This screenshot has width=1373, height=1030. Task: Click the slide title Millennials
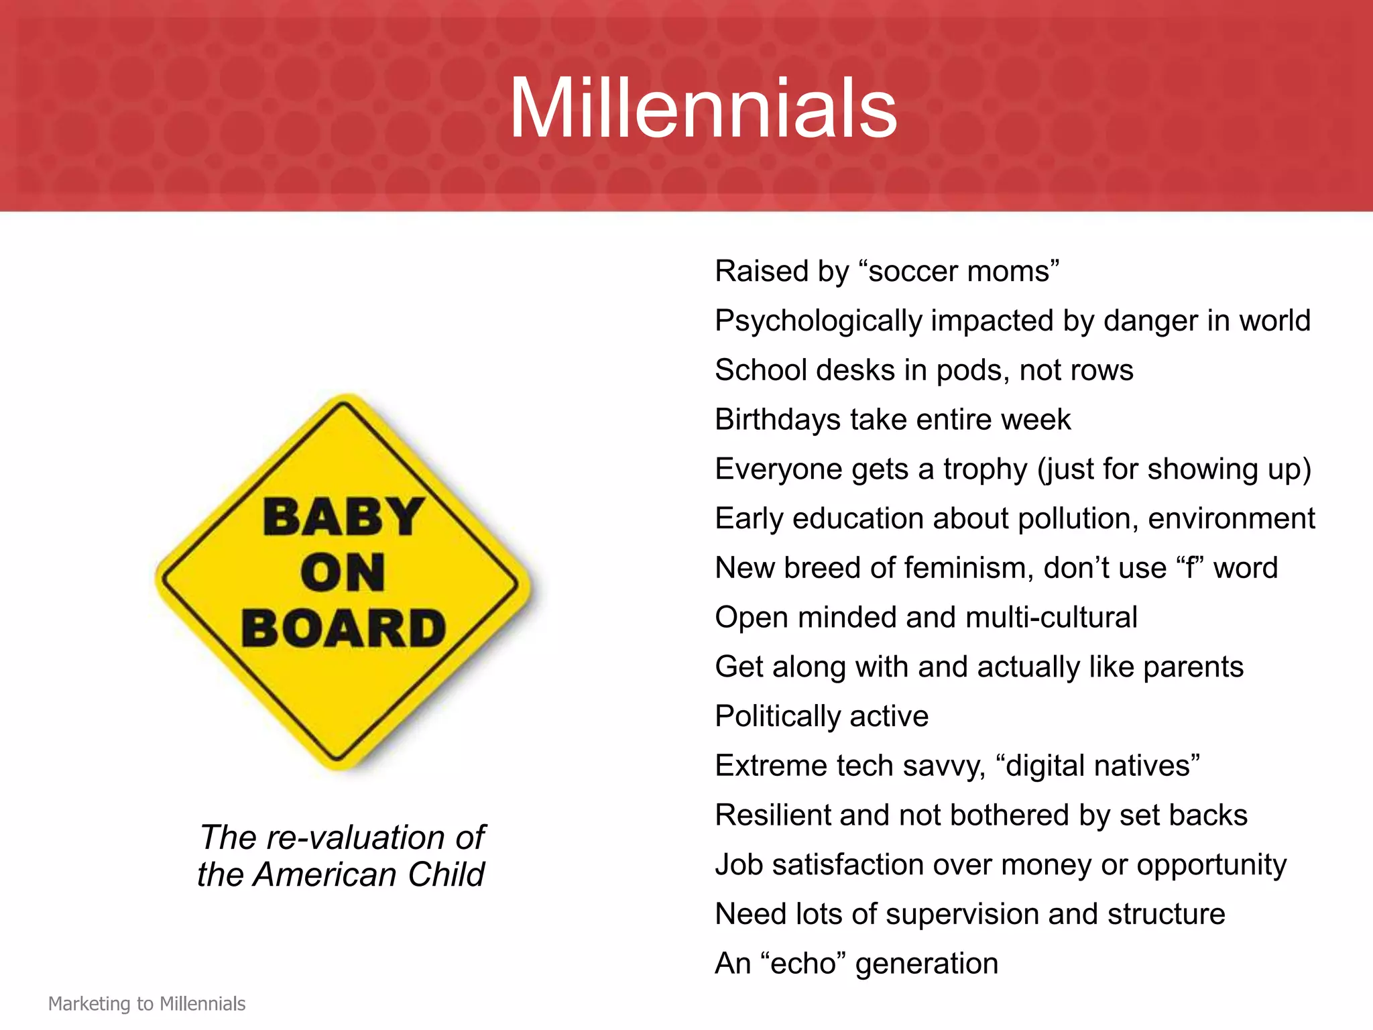(703, 109)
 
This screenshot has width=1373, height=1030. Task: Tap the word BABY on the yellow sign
(343, 518)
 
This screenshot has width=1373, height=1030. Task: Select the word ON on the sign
(343, 573)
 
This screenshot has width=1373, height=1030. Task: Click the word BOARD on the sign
(343, 629)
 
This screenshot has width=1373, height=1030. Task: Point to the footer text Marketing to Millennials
(147, 1004)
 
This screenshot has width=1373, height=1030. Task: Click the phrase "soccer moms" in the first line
(959, 272)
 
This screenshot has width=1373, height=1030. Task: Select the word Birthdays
(777, 420)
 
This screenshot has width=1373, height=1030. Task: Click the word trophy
(985, 470)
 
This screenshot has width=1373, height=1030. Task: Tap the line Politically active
(821, 716)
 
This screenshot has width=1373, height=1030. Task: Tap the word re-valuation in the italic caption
(356, 838)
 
